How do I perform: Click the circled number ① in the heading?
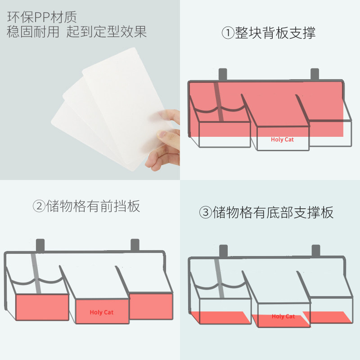[x=228, y=33]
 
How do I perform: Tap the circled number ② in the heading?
[x=39, y=206]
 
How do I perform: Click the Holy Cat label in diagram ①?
[x=282, y=139]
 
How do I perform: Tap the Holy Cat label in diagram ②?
[x=102, y=312]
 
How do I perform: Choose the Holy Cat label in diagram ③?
[x=283, y=316]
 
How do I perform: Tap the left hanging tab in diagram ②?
[x=40, y=245]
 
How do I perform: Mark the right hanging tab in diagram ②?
[x=135, y=245]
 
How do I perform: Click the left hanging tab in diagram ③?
[x=223, y=251]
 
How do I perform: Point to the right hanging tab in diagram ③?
[x=315, y=251]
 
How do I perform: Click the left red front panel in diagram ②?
[x=42, y=307]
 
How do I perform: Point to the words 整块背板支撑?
[x=275, y=33]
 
